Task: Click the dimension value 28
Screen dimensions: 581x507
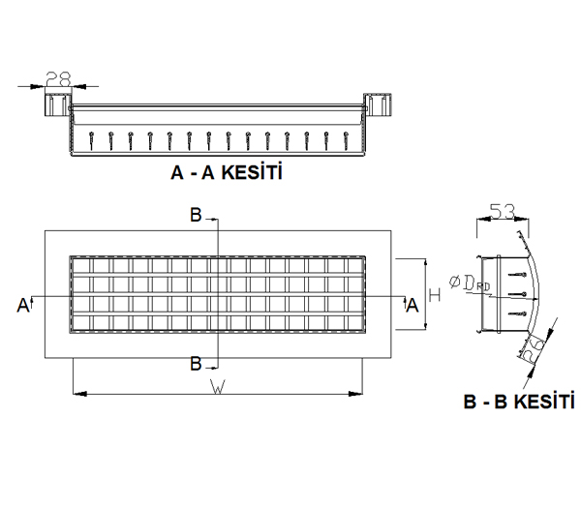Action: (58, 78)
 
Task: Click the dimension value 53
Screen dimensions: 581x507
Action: (503, 211)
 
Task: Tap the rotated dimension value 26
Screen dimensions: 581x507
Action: (533, 348)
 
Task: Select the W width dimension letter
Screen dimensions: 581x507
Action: (218, 387)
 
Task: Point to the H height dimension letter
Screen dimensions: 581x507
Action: (434, 295)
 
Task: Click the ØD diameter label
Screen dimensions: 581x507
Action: (470, 283)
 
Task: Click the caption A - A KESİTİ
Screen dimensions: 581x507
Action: (227, 172)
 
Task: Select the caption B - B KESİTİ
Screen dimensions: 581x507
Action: (519, 402)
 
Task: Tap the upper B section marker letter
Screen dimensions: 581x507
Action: (196, 215)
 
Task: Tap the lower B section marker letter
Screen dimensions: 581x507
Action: (196, 364)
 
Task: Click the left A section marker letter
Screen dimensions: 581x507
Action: (22, 306)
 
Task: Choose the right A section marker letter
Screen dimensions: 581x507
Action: (413, 306)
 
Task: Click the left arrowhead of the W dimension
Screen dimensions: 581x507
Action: (79, 394)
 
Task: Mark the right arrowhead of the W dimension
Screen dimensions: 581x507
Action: (355, 394)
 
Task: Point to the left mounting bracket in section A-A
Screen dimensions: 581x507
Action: (58, 104)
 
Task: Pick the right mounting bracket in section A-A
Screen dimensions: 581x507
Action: (378, 104)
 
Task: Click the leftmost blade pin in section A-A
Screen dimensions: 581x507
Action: (91, 140)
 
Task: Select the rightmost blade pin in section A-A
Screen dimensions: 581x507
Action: (347, 140)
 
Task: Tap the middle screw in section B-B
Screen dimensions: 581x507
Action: (517, 294)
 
